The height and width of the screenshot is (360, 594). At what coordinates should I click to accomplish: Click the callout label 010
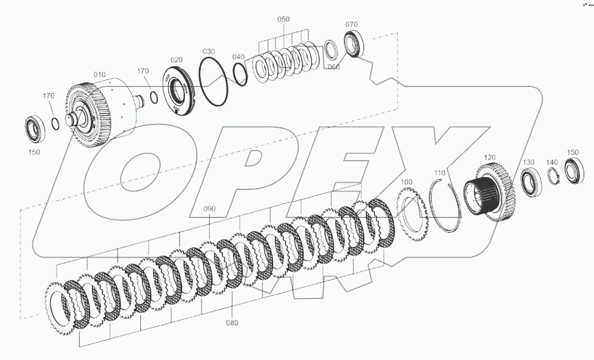(99, 74)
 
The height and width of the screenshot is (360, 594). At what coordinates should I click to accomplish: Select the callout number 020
(177, 60)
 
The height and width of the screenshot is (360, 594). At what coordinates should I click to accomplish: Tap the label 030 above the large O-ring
(208, 51)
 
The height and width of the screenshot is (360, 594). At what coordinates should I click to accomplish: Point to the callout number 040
(238, 57)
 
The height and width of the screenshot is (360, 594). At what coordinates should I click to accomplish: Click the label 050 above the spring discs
(283, 19)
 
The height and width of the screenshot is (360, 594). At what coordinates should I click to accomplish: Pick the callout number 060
(333, 67)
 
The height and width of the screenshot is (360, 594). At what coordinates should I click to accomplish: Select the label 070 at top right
(351, 25)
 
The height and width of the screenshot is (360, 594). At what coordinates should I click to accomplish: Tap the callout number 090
(210, 209)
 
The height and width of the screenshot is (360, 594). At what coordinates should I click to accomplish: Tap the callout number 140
(552, 162)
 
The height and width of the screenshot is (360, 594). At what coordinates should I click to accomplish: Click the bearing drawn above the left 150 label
(36, 128)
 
